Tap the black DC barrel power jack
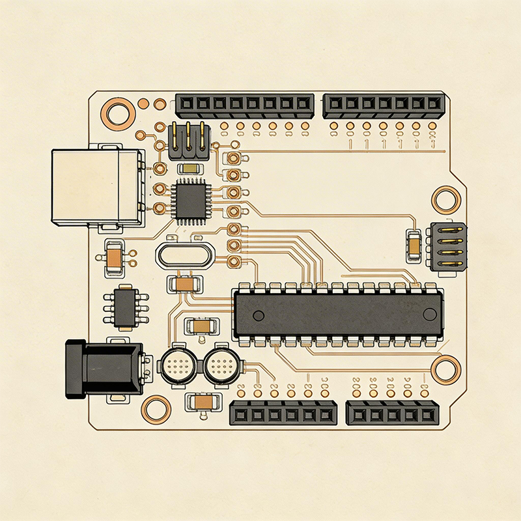tap(104, 369)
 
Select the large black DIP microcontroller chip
tap(339, 314)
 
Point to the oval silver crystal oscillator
tap(184, 255)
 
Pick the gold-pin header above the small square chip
tap(189, 141)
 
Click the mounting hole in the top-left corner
tap(119, 113)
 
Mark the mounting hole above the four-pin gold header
tap(447, 199)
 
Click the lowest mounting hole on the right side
tap(446, 369)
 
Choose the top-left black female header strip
tap(244, 104)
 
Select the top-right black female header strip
tap(384, 104)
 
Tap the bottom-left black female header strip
tap(283, 414)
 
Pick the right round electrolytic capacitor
tap(221, 368)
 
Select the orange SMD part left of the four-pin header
tap(413, 245)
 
